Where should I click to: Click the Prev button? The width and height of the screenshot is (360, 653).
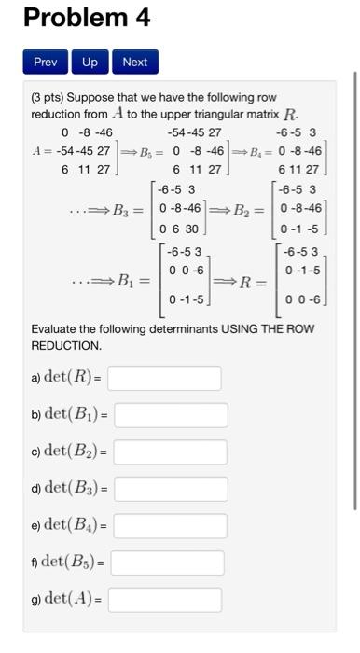[46, 63]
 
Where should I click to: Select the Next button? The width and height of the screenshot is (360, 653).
[134, 63]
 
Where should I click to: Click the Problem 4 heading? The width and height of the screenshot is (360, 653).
[86, 18]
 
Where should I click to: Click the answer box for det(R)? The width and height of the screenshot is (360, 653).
[164, 378]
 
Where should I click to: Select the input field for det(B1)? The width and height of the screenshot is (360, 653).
[171, 415]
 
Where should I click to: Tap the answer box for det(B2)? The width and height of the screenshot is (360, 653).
[171, 452]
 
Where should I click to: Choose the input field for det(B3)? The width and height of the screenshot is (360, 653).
[171, 489]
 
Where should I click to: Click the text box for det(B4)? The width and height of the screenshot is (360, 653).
[171, 526]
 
